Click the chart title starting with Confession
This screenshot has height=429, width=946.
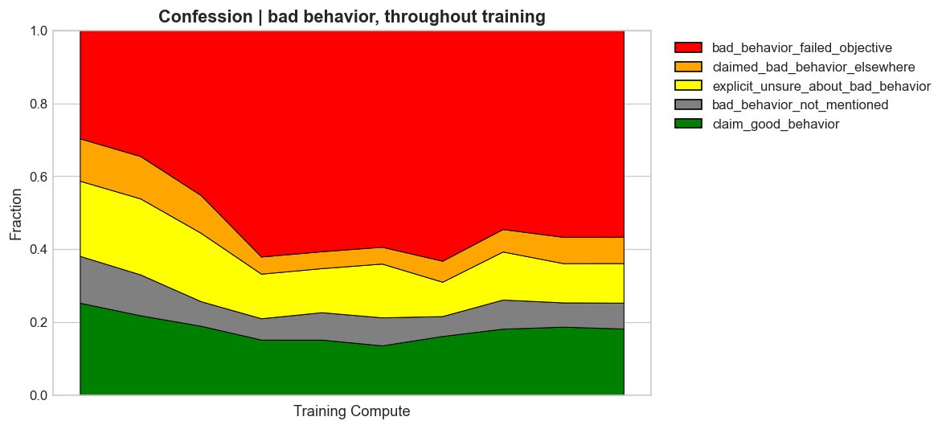(351, 16)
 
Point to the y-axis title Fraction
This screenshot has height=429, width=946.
(16, 214)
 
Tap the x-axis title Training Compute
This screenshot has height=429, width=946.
(351, 411)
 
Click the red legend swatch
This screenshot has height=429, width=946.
(688, 47)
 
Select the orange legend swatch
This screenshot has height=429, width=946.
(688, 67)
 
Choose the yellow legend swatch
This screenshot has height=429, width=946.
(688, 86)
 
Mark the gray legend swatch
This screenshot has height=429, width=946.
(688, 104)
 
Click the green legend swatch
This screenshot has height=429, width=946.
(688, 124)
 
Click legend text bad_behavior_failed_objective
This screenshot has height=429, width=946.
(801, 47)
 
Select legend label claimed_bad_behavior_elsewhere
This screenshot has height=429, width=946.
(813, 67)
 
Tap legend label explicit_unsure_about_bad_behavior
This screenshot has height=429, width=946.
(821, 86)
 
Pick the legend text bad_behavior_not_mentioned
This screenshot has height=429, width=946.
(800, 104)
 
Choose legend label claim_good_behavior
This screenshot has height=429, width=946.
(776, 124)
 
